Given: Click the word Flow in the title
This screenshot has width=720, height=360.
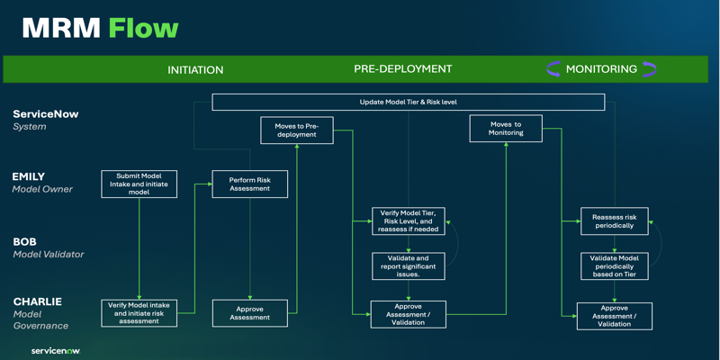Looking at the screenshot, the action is click(143, 29).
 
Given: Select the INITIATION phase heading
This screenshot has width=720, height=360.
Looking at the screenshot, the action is click(195, 70).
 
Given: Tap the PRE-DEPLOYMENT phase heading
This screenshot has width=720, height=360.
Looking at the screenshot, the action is click(402, 69).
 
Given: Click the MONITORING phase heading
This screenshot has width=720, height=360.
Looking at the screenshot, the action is click(601, 69).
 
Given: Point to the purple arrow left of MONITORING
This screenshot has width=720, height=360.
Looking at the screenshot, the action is click(553, 69).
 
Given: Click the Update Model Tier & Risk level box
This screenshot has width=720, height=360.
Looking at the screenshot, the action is click(409, 102).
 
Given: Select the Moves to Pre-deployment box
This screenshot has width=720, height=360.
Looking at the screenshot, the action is click(297, 130).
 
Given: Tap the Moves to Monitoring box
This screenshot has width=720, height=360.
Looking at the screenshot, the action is click(506, 128).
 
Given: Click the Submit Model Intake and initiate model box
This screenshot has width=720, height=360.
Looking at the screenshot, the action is click(139, 184).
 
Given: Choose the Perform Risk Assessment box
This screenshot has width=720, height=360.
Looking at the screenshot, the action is click(250, 184).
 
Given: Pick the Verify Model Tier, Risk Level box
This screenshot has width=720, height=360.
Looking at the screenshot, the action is click(409, 220).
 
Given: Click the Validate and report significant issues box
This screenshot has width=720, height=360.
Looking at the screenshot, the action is click(409, 265).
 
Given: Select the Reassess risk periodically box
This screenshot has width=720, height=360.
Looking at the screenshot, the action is click(614, 220).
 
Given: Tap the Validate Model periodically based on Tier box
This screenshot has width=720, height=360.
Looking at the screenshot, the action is click(614, 265).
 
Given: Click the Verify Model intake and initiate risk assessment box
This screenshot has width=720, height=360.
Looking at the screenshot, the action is click(139, 313).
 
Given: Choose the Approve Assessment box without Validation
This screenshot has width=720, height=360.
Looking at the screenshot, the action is click(250, 313).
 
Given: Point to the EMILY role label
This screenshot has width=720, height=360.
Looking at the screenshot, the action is click(29, 176).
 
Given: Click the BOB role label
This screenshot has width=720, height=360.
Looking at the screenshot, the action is click(25, 241).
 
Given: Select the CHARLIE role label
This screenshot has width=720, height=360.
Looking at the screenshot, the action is click(37, 301).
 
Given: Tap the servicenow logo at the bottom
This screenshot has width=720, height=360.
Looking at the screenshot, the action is click(56, 351).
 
